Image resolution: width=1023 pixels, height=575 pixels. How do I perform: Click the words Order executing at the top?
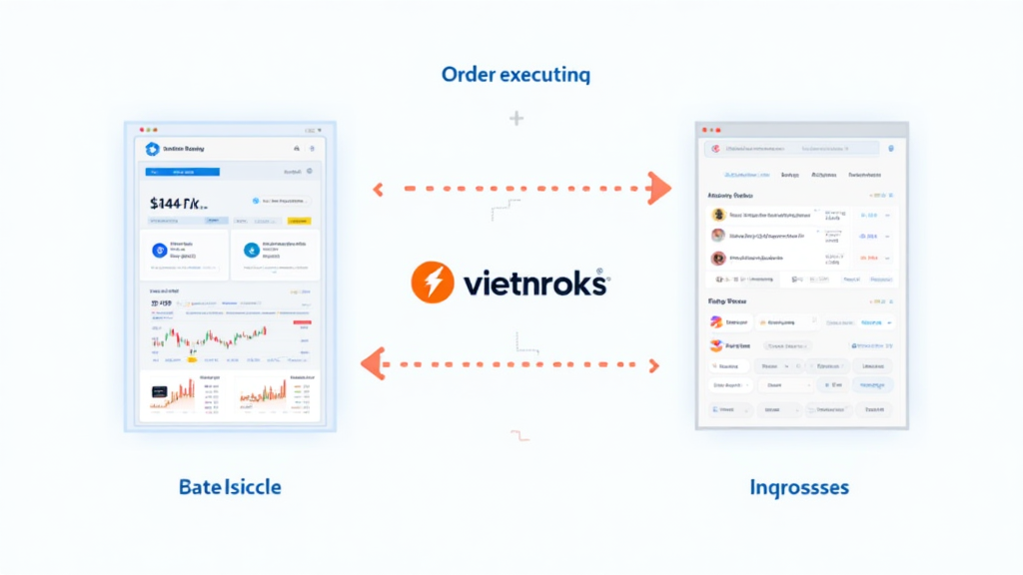tap(515, 74)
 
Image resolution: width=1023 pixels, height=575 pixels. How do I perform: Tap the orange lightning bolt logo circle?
tap(433, 284)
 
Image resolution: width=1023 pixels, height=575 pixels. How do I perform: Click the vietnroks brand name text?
tap(534, 285)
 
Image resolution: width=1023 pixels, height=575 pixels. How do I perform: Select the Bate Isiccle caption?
tap(230, 487)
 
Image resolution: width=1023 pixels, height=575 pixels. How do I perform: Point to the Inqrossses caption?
tap(799, 487)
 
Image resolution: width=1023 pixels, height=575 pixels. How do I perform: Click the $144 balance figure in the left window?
tap(179, 203)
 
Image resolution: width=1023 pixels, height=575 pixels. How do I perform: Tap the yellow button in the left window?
tap(299, 221)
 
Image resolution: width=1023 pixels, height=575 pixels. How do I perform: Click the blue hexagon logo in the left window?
tap(152, 149)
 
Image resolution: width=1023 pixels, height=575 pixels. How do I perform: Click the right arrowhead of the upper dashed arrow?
tap(659, 187)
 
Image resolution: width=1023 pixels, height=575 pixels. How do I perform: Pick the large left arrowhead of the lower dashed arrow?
tap(372, 363)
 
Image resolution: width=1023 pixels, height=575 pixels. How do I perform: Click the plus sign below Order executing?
tap(515, 119)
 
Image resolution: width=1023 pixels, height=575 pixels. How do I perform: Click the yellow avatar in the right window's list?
tap(717, 214)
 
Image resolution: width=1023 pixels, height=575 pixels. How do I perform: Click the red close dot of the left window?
tap(142, 130)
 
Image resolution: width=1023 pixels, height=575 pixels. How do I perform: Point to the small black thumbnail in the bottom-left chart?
tap(158, 393)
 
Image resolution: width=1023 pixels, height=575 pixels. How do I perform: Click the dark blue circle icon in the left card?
tap(157, 251)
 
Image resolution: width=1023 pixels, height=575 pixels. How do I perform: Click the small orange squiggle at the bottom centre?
tap(518, 434)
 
